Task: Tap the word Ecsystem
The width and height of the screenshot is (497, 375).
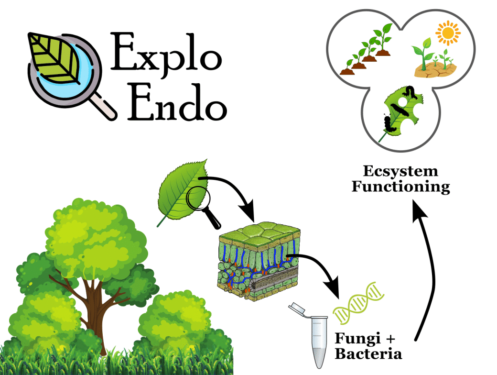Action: coord(400,171)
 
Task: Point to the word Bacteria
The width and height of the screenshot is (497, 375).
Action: coord(368,354)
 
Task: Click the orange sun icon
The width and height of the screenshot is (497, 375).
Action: coord(447,34)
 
